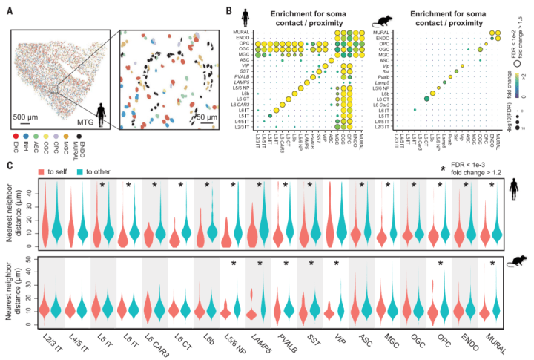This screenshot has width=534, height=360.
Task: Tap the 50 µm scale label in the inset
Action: pos(212,117)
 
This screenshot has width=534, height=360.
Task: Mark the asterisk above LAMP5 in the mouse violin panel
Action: pos(260,263)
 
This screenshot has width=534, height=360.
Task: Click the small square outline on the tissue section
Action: pos(54,88)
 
